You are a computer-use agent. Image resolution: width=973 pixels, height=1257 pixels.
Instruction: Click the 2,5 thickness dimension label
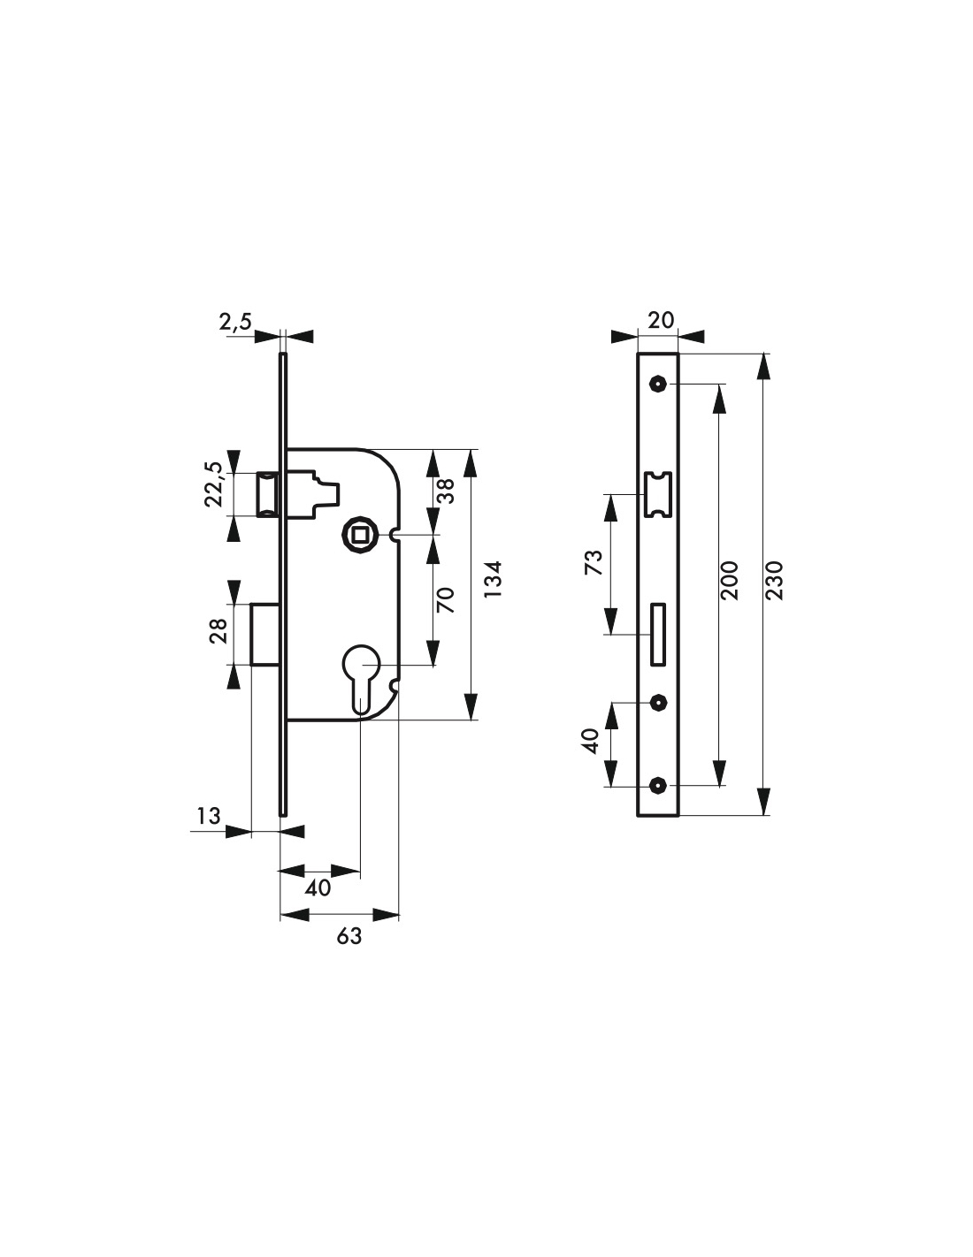tap(235, 321)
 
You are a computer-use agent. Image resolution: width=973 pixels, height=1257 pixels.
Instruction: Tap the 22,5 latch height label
tap(214, 484)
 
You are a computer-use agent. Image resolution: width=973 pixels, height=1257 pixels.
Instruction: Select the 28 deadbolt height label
tap(218, 631)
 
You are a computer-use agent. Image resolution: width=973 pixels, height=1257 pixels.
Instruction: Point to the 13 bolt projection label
tap(209, 816)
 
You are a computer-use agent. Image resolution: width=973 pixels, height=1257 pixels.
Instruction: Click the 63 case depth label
tap(349, 936)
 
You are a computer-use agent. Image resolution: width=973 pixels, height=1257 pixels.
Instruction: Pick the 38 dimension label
tap(447, 491)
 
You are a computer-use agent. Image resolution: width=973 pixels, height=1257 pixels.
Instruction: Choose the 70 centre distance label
tap(446, 600)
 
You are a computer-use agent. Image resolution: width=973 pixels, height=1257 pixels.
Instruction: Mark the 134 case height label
tap(492, 580)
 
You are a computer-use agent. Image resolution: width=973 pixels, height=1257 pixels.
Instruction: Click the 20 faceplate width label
tap(661, 320)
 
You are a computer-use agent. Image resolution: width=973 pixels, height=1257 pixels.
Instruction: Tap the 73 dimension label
tap(594, 562)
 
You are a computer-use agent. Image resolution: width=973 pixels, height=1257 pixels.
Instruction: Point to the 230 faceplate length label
tap(775, 580)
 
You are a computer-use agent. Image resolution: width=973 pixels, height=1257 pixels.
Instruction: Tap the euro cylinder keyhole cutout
tap(360, 676)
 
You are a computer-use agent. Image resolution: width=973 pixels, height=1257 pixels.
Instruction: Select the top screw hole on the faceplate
tap(657, 384)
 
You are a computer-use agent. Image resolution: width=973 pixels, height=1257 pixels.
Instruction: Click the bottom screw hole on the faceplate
tap(657, 786)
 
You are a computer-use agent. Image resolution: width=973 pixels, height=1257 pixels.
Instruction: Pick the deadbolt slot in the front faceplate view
tap(657, 635)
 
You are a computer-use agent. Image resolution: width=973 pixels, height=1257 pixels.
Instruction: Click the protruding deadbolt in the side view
tap(265, 634)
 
